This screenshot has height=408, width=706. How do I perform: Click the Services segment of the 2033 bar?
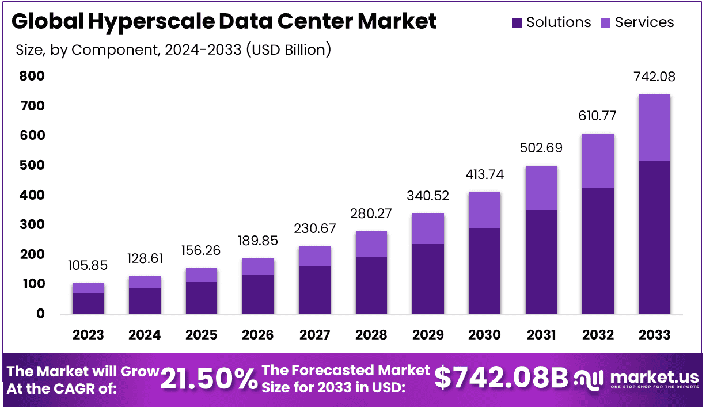(654, 127)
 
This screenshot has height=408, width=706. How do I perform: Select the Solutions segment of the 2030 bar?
(484, 271)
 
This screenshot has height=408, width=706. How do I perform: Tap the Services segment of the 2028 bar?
(371, 244)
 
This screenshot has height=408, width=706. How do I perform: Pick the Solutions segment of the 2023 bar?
(88, 303)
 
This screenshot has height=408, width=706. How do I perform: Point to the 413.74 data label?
(484, 174)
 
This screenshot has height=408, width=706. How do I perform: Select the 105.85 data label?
(88, 266)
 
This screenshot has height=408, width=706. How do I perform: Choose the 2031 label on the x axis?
(541, 335)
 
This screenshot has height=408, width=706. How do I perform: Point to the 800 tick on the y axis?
(32, 76)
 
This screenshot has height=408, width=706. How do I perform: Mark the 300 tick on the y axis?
(32, 224)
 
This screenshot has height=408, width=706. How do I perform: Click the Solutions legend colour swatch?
(517, 23)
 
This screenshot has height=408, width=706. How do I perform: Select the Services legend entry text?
(644, 22)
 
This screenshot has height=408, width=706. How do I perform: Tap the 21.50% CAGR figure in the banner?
(209, 378)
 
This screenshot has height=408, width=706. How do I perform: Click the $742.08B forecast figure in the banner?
(501, 378)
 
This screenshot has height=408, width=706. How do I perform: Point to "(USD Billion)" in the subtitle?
(289, 49)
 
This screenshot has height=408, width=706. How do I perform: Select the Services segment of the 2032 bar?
(598, 161)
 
